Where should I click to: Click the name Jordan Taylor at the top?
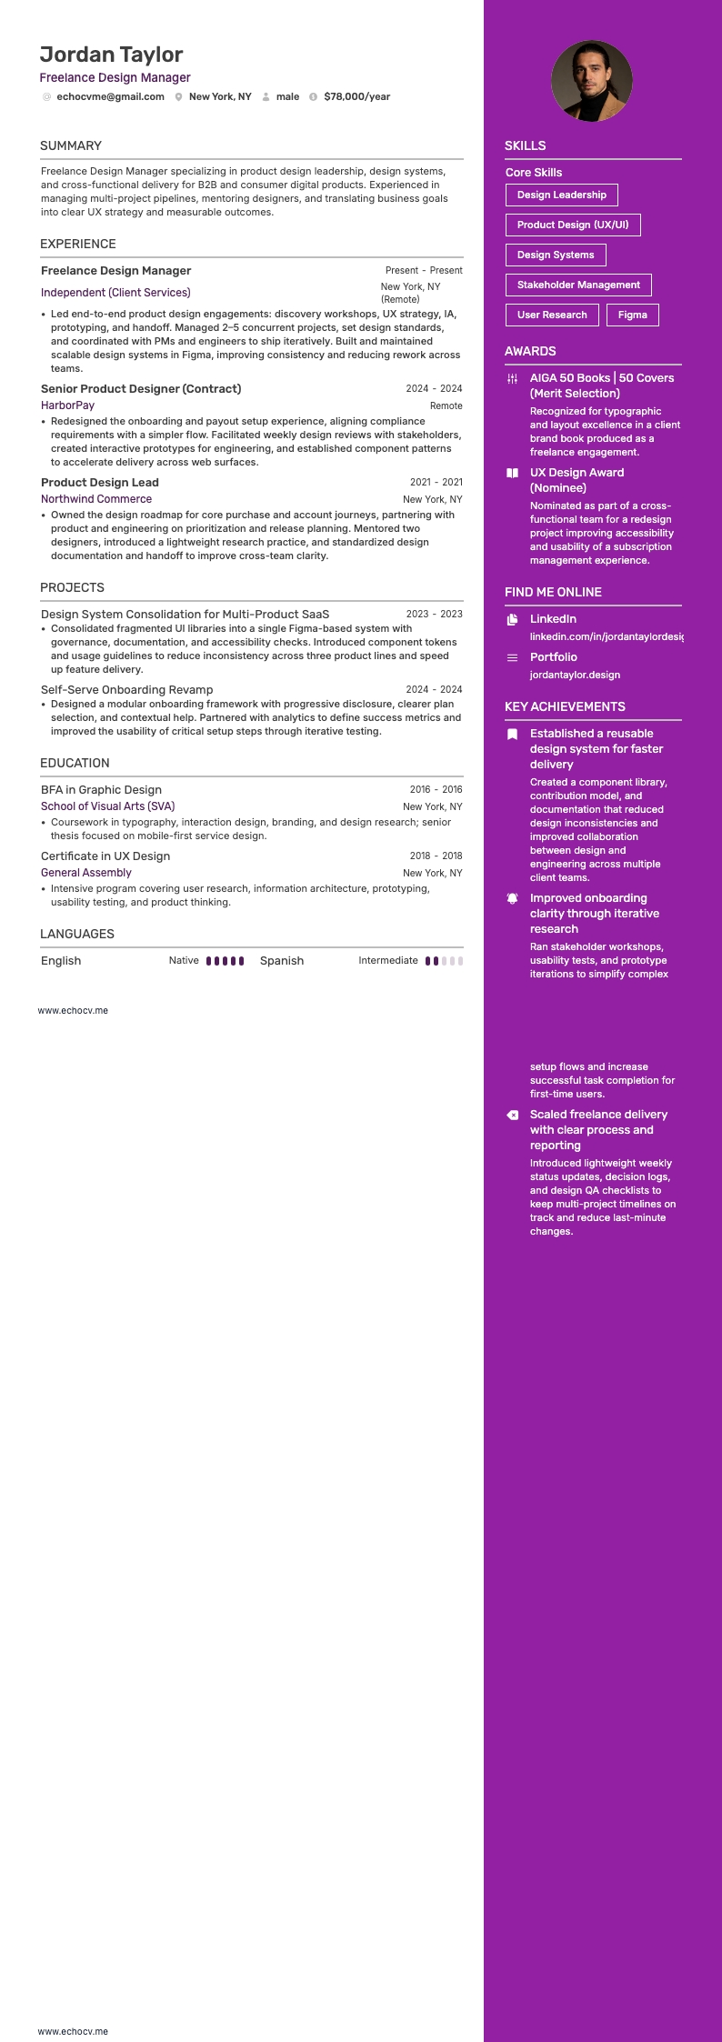tap(111, 55)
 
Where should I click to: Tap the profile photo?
tap(591, 81)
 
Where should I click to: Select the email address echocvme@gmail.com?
tap(110, 96)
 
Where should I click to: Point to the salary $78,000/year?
tap(356, 96)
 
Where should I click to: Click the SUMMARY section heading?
tap(71, 145)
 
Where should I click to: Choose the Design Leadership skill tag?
tap(561, 195)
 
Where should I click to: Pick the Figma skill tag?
tap(632, 315)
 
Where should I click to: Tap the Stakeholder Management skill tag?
tap(578, 285)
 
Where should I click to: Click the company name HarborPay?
tap(67, 405)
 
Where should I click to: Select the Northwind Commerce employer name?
tap(96, 499)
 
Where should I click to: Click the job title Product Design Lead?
tap(100, 483)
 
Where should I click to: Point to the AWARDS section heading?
tap(530, 351)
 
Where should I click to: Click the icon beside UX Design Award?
tap(512, 473)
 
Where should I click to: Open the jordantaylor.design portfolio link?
tap(575, 675)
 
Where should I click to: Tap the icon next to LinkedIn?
tap(512, 619)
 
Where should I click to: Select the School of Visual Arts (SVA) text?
tap(107, 806)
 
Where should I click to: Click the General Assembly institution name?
tap(86, 873)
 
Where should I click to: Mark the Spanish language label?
tap(282, 961)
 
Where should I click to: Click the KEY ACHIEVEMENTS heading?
tap(565, 706)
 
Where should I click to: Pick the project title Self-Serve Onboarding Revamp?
tap(126, 690)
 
